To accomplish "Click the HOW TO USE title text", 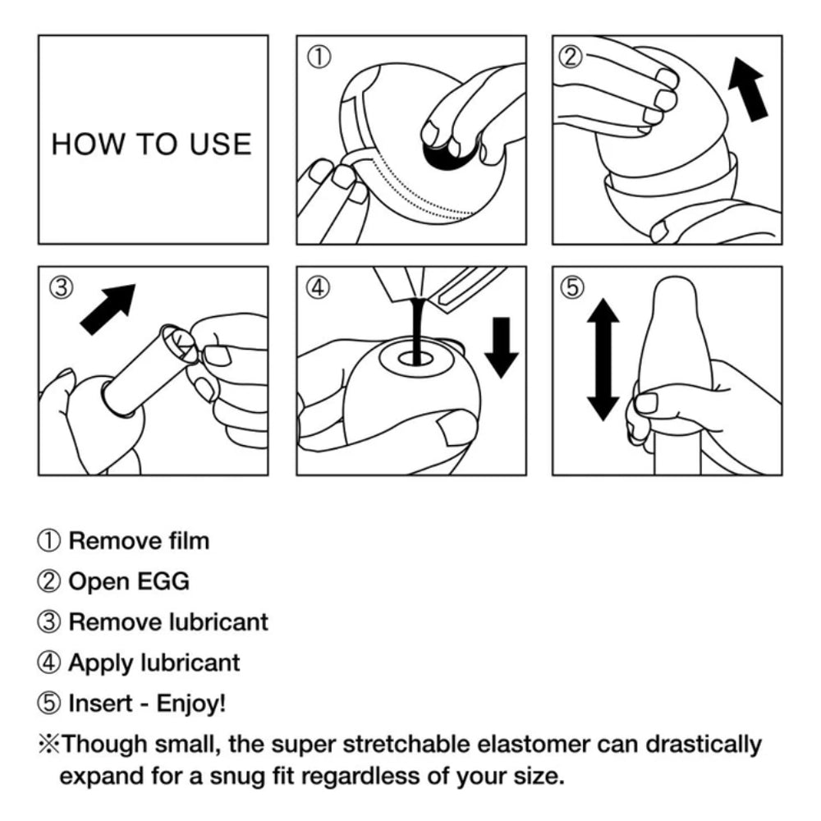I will point(151,144).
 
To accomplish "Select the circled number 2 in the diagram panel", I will point(572,57).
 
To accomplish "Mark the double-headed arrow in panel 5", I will point(603,360).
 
